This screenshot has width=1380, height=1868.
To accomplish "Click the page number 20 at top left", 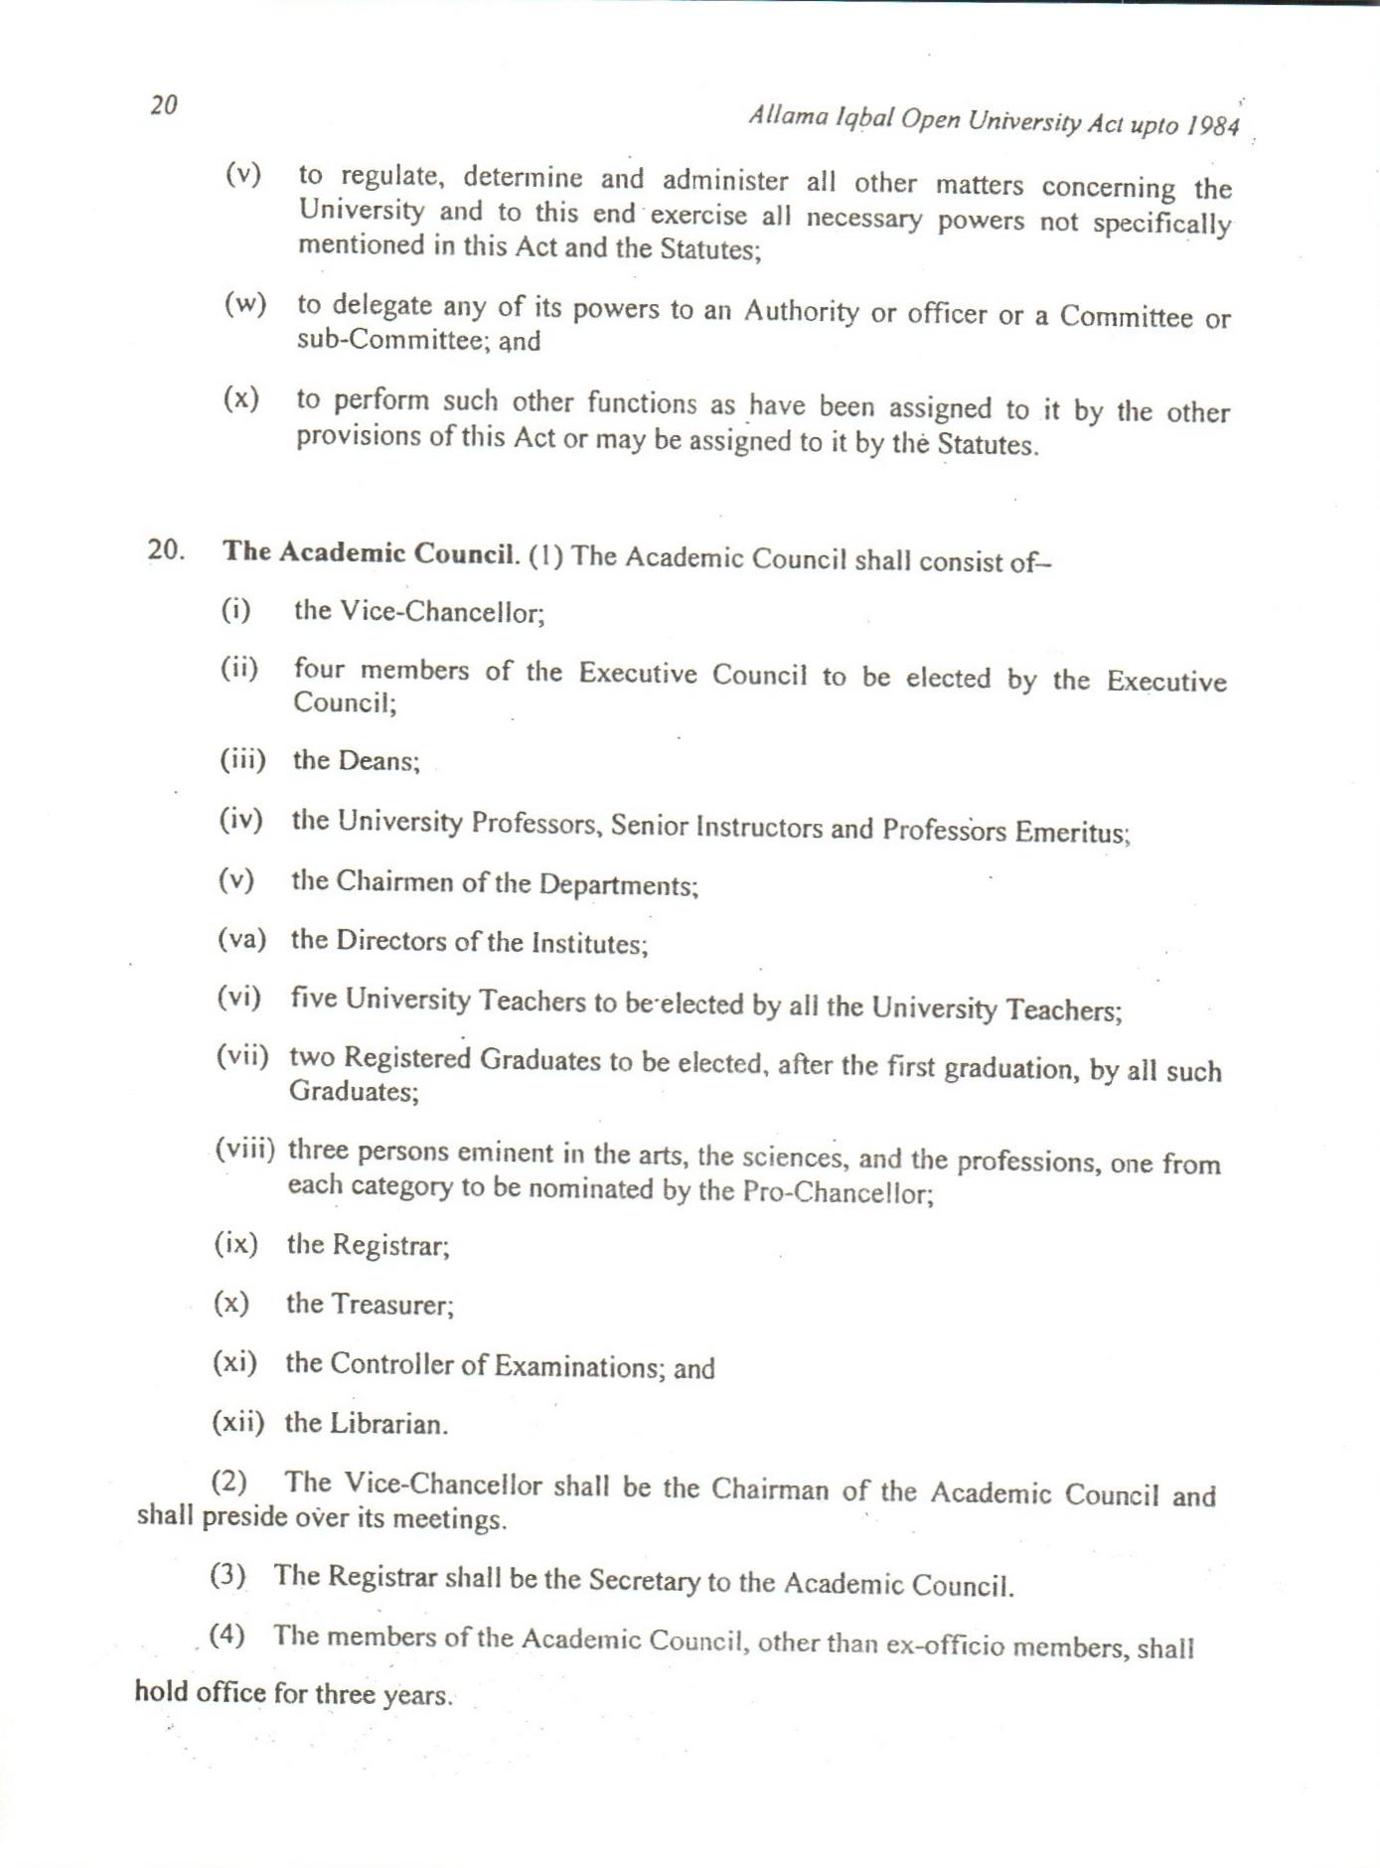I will (164, 105).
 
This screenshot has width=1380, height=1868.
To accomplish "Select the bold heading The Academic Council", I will (371, 552).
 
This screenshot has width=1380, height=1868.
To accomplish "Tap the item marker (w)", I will (244, 304).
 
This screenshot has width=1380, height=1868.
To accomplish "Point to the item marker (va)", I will (241, 939).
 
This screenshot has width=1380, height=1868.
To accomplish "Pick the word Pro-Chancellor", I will (838, 1192).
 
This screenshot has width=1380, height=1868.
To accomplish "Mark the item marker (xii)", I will (238, 1422).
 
